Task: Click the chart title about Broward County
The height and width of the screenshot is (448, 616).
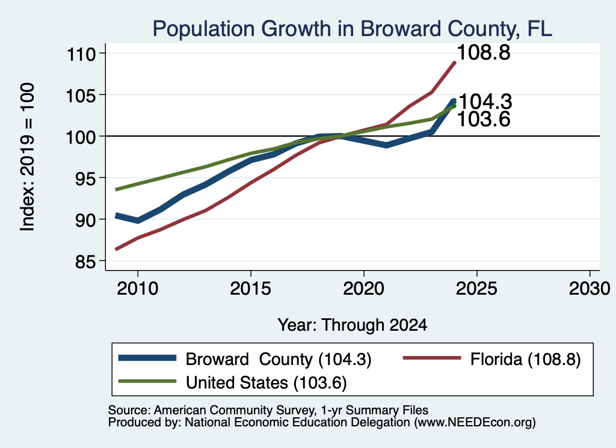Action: point(353,29)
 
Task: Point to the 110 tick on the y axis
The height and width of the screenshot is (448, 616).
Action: point(81,54)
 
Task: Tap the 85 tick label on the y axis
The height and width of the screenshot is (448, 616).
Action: point(85,262)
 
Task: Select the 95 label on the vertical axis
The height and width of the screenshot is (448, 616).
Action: point(85,178)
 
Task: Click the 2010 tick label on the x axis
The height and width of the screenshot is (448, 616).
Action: point(138,289)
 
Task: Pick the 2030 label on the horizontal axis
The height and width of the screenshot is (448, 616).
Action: point(590,289)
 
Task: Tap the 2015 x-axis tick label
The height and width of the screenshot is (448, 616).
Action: point(251,289)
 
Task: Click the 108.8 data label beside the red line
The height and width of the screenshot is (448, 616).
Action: point(484,52)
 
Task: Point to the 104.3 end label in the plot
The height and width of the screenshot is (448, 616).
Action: point(485,102)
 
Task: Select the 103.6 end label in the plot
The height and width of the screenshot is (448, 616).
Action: point(484,119)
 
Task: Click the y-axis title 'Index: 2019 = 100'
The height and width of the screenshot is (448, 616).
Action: point(27,157)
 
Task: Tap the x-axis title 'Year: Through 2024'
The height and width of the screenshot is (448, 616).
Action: point(353,325)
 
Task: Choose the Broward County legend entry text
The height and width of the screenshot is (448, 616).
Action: point(279,359)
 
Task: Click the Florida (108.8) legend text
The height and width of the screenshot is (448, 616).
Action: point(526,359)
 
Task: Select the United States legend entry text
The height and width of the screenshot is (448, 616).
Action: point(266,383)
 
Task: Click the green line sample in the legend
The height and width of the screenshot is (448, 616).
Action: point(147,381)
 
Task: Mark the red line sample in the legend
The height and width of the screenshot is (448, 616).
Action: point(432,358)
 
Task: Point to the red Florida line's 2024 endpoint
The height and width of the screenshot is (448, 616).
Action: point(455,63)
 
